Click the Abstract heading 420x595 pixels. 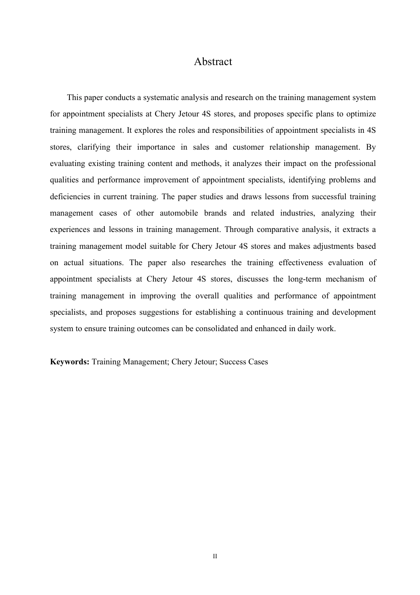point(213,62)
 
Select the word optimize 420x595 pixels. point(361,114)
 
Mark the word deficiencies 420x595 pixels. point(69,197)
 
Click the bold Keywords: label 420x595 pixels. point(70,362)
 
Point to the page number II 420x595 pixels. point(215,556)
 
